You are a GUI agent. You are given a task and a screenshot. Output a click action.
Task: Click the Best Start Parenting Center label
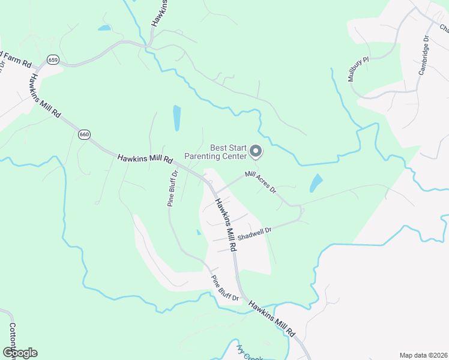coord(215,152)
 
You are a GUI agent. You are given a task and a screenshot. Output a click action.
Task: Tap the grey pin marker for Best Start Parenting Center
coord(256,152)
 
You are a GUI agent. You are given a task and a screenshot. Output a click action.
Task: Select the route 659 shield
coord(53,59)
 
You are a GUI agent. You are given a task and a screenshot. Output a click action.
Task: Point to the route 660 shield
coord(84,134)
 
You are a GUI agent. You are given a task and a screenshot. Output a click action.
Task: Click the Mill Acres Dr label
coord(261,182)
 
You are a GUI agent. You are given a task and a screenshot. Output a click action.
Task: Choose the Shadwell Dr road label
coord(255,233)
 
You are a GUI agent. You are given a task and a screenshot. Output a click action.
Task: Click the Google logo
coord(19,352)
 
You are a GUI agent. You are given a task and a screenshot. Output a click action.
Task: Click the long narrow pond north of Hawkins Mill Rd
coord(176,118)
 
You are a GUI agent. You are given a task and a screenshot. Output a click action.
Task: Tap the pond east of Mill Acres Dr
coord(316,183)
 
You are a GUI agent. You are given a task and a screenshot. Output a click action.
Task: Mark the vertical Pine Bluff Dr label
coord(173,188)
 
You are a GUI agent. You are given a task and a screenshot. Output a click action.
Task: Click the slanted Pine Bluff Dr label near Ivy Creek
coord(224,289)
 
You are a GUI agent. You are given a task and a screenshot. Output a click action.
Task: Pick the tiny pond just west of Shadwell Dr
coord(198,232)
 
